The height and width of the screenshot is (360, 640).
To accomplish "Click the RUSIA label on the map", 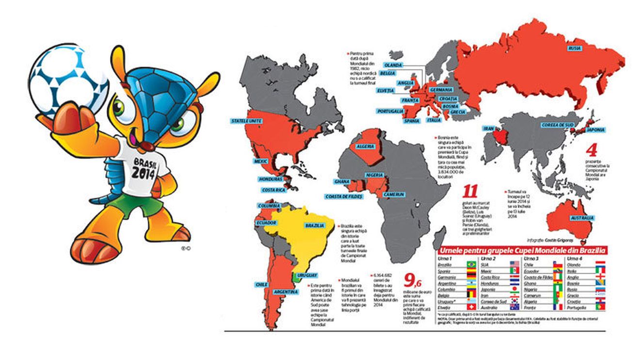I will tap(575, 48).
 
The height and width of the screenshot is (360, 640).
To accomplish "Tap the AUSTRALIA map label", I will tap(582, 219).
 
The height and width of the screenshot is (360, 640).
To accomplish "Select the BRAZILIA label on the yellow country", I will tap(315, 226).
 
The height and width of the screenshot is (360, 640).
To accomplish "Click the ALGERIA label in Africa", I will tap(366, 146).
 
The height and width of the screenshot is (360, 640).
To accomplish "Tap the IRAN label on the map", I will tap(488, 129).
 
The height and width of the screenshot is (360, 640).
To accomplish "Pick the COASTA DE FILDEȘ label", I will tap(344, 197).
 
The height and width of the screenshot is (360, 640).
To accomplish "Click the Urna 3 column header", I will tap(531, 259).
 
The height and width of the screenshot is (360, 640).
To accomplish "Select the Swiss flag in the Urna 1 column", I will tap(470, 307).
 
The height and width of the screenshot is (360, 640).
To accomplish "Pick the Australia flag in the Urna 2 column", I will tap(514, 307).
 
